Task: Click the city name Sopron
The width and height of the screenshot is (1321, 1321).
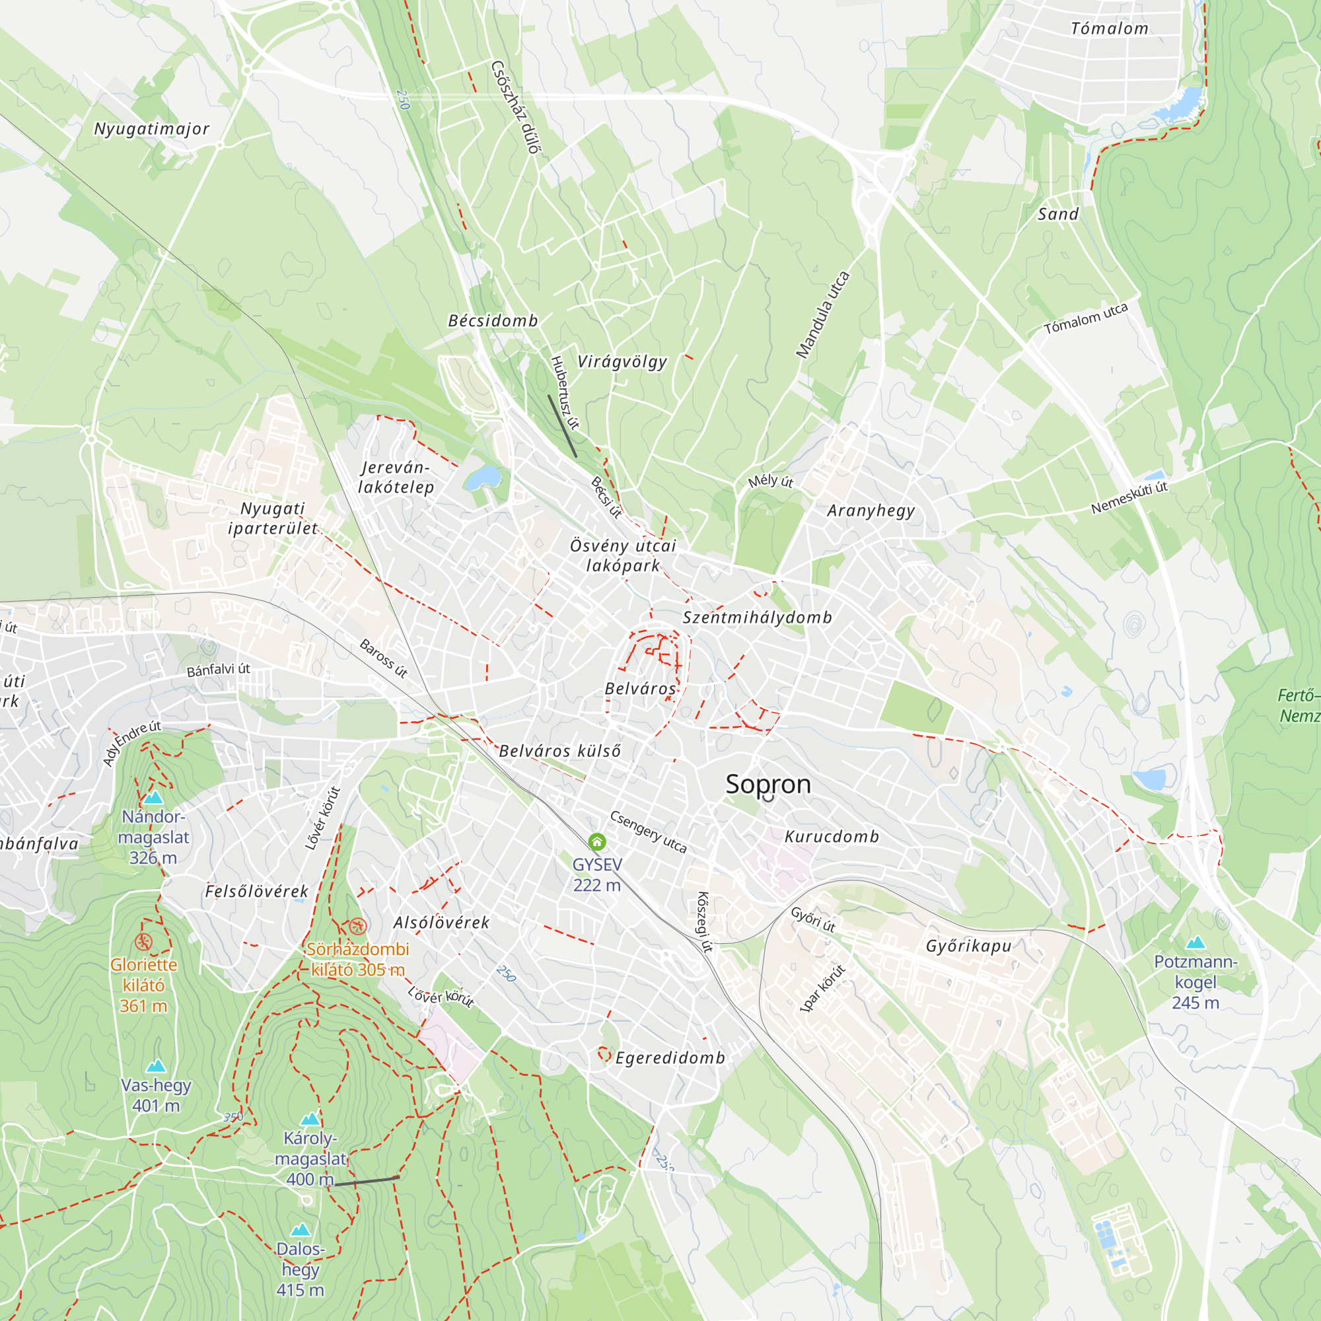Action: click(768, 784)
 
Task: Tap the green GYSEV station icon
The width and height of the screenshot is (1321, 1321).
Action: click(597, 841)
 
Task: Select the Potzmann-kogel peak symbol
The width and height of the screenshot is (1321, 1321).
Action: click(1196, 943)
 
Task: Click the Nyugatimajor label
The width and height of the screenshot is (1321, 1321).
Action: click(151, 129)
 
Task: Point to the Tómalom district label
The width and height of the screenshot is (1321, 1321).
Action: click(1109, 28)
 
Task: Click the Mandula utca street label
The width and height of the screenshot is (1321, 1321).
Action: click(822, 314)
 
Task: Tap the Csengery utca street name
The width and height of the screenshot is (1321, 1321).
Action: click(647, 832)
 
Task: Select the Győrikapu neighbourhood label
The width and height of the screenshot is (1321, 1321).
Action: click(968, 946)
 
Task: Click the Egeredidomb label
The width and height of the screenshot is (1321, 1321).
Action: click(670, 1057)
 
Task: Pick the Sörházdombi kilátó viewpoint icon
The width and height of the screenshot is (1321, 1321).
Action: click(357, 927)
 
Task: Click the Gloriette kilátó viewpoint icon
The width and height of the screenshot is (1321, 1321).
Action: click(143, 943)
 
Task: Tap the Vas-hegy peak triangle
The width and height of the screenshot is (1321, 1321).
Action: click(156, 1066)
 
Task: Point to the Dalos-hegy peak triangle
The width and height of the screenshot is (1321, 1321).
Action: click(300, 1230)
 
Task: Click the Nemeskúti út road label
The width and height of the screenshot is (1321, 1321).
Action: click(1129, 497)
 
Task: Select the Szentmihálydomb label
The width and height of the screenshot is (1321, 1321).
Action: click(758, 618)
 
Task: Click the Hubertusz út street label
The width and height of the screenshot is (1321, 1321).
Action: click(565, 393)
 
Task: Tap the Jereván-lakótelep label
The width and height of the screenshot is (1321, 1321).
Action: click(396, 478)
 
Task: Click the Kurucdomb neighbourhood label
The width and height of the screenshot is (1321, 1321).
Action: click(832, 837)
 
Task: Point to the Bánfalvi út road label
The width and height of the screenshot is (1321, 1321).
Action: click(218, 669)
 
